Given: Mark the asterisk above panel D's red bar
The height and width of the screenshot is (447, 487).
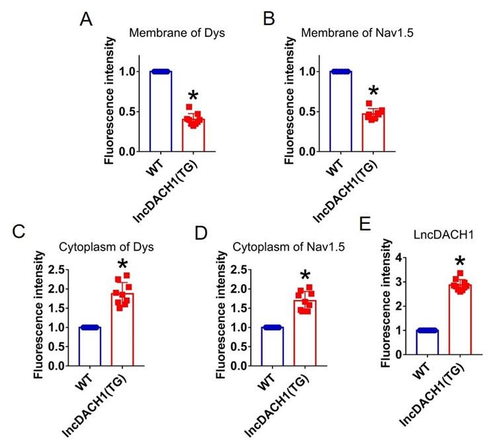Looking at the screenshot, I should point(304,275).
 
